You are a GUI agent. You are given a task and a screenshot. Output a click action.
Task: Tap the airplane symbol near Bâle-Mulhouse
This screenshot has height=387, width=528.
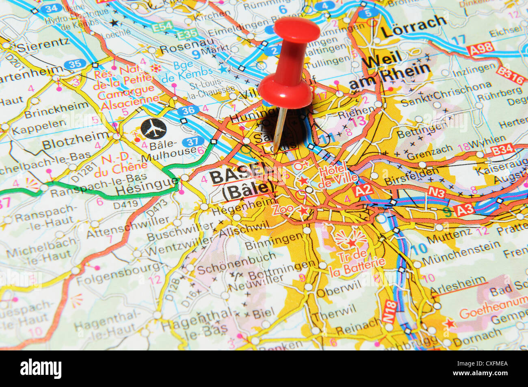point(154,129)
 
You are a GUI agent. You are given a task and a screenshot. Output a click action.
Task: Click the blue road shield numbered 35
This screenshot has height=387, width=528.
point(75,64)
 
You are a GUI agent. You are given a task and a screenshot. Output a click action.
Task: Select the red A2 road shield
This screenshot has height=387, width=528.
point(363,190)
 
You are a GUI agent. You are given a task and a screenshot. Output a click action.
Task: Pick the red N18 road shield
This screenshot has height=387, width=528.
point(389,311)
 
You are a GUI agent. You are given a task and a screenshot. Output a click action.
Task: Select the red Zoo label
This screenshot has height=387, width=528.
point(283,210)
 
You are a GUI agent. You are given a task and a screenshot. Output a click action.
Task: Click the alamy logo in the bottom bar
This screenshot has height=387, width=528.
point(41,369)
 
